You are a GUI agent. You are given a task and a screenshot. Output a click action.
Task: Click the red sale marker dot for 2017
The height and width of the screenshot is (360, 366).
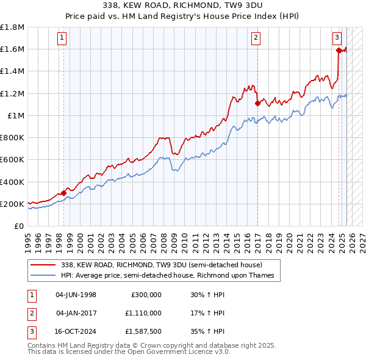[257, 103]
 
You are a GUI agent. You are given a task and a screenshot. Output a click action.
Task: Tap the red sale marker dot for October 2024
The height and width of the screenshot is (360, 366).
[339, 51]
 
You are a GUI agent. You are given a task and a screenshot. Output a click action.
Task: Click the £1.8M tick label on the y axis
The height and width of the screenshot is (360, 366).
[12, 27]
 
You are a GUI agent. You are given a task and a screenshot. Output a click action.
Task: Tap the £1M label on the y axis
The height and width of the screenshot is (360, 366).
[15, 115]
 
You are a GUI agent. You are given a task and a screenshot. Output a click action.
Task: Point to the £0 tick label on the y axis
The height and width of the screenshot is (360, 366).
[19, 226]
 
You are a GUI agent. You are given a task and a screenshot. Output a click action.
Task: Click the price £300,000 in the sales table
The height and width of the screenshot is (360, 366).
[146, 295]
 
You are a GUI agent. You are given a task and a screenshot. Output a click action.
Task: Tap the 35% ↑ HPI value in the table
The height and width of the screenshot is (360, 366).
[208, 331]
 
